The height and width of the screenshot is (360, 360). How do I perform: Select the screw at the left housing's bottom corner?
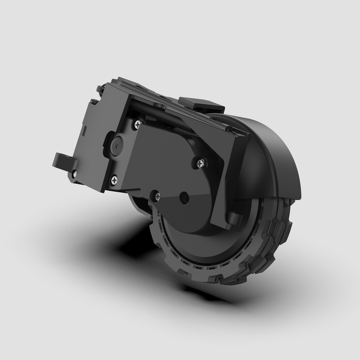coord(114,179)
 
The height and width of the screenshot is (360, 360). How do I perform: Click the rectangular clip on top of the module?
coord(201,104)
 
